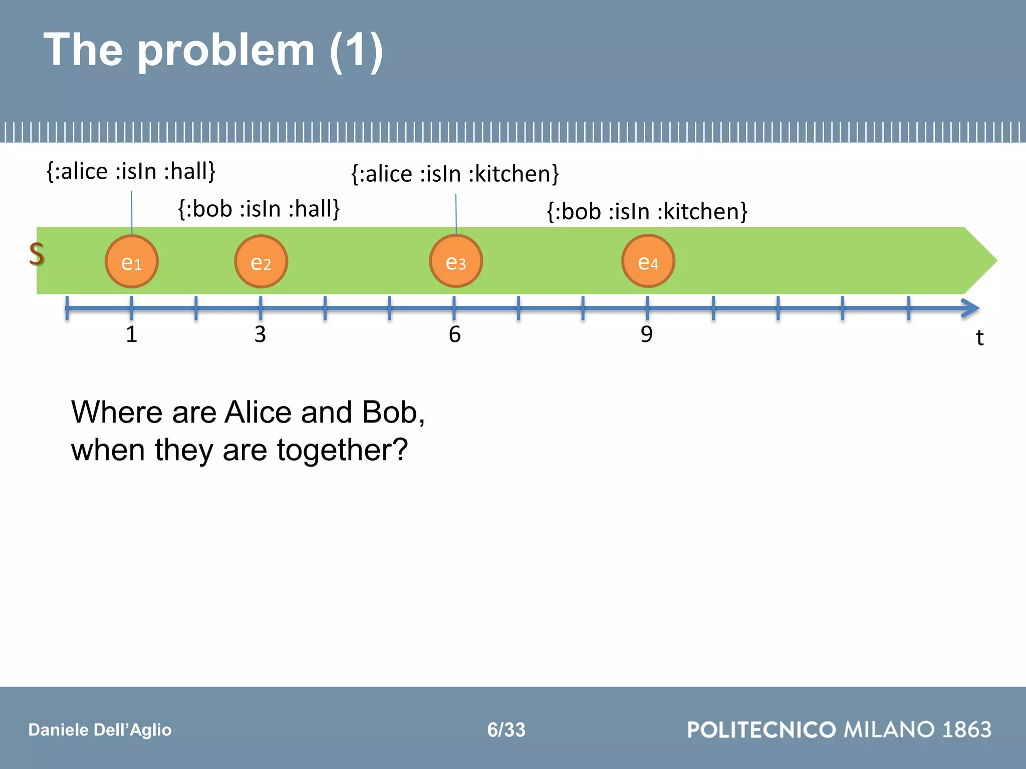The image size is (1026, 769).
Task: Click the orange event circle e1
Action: point(132,261)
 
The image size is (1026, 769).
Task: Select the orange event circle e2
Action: point(261,261)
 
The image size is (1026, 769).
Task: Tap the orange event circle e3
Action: point(456,261)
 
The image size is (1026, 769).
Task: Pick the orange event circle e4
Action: point(648,261)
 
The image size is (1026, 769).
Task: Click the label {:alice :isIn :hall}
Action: point(131,171)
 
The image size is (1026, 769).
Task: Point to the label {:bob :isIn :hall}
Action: point(259,209)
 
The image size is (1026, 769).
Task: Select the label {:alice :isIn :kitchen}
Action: point(455,174)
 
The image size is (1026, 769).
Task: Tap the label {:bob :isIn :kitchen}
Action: point(647,211)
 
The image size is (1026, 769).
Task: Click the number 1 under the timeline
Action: point(131,334)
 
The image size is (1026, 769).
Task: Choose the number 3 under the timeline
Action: point(260,334)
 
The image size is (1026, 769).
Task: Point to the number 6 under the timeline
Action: point(454,334)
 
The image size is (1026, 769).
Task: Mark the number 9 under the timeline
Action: point(647,334)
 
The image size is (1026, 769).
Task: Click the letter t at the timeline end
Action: point(980,338)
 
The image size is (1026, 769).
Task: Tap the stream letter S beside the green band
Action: point(37,254)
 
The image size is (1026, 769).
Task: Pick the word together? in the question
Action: point(342,450)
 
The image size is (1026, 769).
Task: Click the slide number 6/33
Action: point(506,729)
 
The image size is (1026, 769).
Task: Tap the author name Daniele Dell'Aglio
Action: point(100,730)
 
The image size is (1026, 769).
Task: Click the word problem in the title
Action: point(226,50)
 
